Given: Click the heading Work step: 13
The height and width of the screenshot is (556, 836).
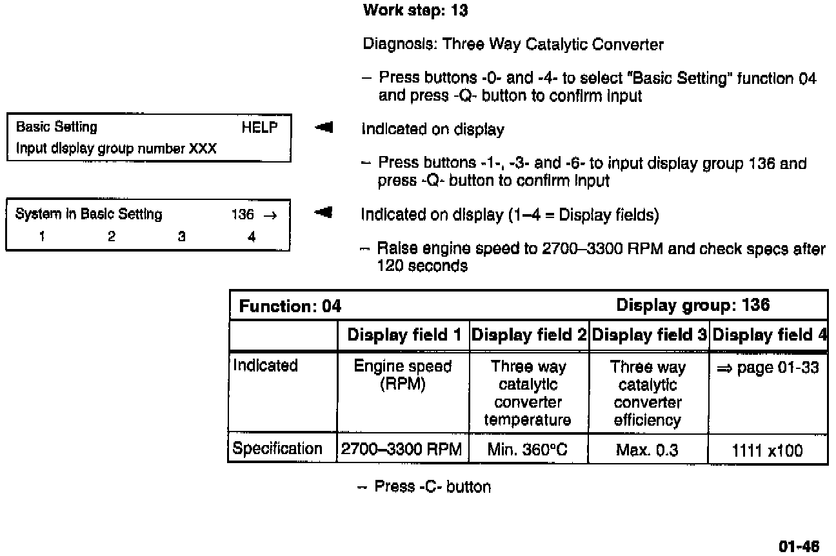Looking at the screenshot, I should [415, 10].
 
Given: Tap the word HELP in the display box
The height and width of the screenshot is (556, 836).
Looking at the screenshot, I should [259, 128].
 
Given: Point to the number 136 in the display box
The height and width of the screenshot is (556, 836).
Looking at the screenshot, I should [243, 215].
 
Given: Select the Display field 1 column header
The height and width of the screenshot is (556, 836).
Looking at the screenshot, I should [404, 335].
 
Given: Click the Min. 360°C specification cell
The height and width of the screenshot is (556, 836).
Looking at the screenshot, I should [528, 450].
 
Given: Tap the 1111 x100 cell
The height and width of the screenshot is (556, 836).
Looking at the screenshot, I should [767, 450].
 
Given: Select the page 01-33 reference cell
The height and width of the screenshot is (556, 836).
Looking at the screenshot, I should [767, 368].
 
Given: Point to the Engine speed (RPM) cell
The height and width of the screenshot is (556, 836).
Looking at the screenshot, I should [403, 375].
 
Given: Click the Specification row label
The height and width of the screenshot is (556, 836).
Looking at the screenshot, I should [277, 449].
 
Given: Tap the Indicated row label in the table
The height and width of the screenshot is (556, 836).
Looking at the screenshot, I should [265, 366].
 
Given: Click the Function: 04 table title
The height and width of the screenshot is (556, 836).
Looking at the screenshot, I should [290, 306].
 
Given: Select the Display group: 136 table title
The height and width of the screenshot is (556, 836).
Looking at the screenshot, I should [693, 305].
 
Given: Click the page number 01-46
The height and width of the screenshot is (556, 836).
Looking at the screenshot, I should [799, 547].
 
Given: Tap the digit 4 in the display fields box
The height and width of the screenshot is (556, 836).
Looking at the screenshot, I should [252, 237].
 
